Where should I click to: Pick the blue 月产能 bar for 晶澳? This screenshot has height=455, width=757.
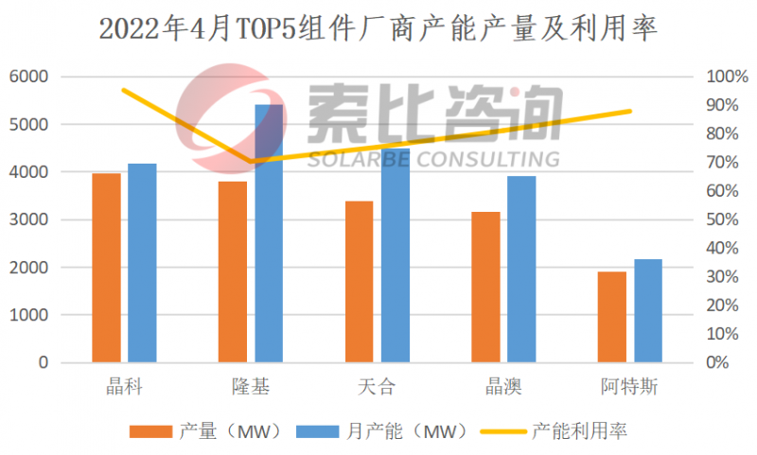click(x=520, y=269)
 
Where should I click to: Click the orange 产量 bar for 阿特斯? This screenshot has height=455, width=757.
click(x=612, y=317)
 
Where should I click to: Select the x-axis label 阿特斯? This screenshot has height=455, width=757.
click(x=630, y=387)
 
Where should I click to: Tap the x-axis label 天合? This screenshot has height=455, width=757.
click(x=378, y=387)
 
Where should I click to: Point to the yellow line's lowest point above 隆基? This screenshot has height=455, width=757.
click(x=252, y=162)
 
